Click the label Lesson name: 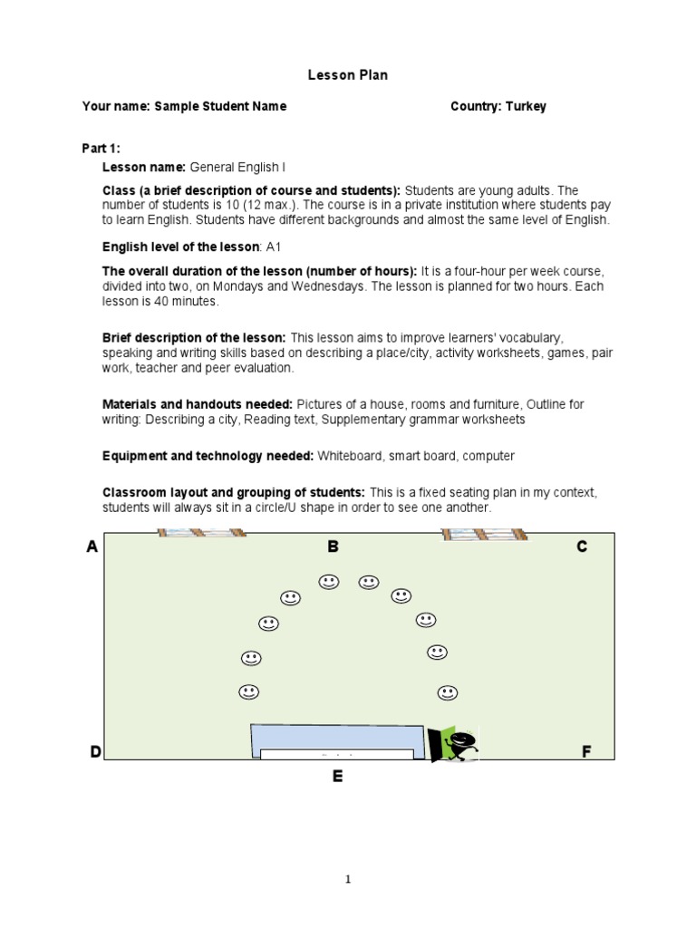click(144, 168)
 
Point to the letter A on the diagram click(92, 546)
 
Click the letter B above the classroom click(333, 546)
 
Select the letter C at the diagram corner click(582, 546)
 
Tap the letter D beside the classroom click(94, 751)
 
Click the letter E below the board click(337, 776)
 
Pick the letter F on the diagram click(585, 751)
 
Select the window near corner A click(201, 535)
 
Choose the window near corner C click(484, 535)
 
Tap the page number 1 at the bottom click(348, 879)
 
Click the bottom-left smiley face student click(249, 692)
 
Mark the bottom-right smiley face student click(447, 693)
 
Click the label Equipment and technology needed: click(208, 456)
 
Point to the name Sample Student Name click(220, 106)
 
